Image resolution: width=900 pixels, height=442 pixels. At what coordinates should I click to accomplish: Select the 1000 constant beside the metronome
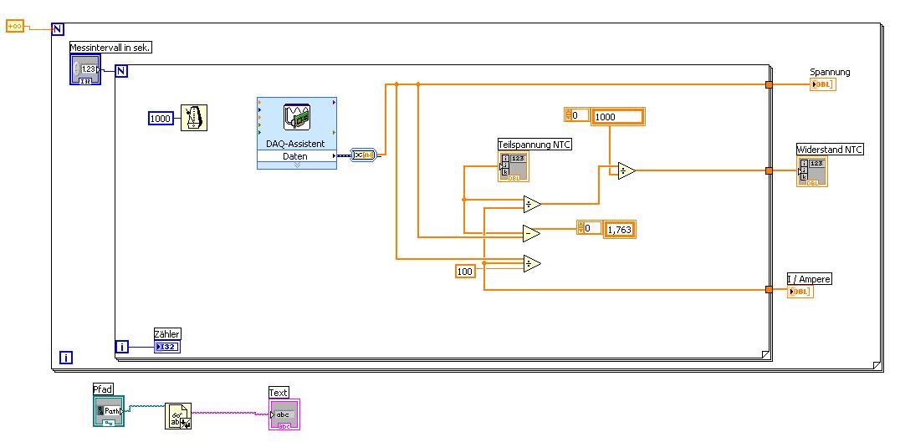click(161, 119)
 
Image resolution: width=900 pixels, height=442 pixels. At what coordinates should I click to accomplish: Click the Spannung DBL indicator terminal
click(823, 84)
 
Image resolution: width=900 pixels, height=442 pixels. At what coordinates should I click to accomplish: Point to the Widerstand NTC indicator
click(812, 170)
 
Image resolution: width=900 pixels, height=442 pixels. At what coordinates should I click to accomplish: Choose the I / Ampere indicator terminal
click(800, 291)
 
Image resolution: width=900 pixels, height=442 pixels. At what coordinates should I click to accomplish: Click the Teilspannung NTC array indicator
click(513, 166)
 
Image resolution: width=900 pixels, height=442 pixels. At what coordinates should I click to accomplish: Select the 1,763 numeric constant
click(619, 228)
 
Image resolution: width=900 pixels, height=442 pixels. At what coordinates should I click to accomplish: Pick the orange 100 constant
click(465, 271)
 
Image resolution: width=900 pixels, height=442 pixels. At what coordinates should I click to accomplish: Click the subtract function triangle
click(531, 233)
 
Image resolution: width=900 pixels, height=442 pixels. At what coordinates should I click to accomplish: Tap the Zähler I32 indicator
click(166, 347)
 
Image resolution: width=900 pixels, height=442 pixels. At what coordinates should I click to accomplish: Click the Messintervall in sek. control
click(85, 69)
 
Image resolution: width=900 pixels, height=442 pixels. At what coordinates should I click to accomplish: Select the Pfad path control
click(108, 410)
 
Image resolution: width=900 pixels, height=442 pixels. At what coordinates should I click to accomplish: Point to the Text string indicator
click(283, 414)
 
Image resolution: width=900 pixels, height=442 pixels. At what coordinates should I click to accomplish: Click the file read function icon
click(178, 415)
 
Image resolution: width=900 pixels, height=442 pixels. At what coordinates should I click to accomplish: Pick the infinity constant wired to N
click(15, 27)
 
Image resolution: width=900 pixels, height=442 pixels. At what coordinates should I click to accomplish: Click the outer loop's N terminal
click(58, 29)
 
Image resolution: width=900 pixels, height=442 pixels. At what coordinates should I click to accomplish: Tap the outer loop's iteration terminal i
click(66, 358)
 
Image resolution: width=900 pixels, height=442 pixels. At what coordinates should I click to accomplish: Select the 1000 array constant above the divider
click(617, 117)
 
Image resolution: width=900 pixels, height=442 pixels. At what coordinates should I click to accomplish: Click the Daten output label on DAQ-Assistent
click(294, 156)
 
